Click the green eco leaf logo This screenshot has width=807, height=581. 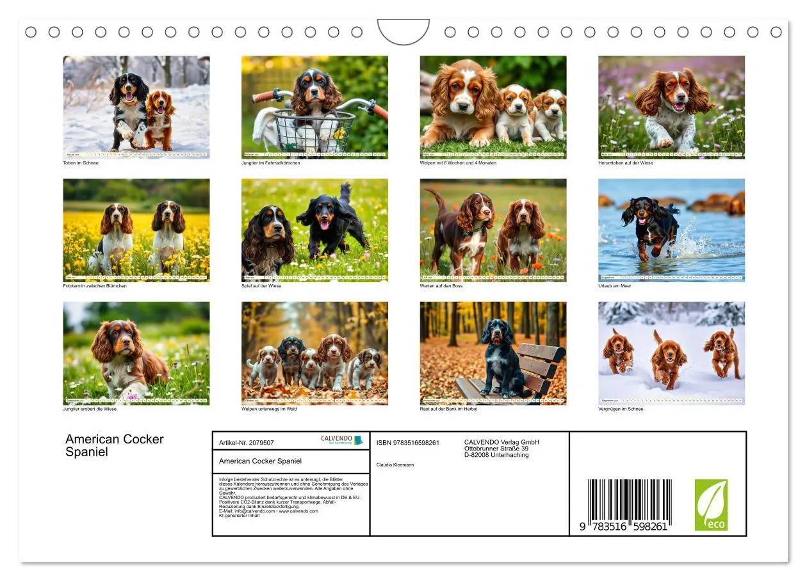click(x=711, y=505)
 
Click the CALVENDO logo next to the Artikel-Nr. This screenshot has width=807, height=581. click(x=342, y=440)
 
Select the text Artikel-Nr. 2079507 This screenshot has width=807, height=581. click(x=247, y=443)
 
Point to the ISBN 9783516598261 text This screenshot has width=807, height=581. click(x=407, y=443)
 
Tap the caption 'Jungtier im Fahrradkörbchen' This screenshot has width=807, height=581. click(x=270, y=163)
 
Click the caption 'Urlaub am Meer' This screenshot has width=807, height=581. click(x=614, y=286)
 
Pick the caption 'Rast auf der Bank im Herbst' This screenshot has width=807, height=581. click(x=448, y=409)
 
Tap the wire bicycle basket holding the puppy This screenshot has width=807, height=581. click(x=314, y=131)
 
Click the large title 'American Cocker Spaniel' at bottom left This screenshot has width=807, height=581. click(x=115, y=445)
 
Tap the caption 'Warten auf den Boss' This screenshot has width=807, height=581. click(x=441, y=286)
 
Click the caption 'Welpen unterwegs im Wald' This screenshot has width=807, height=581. click(x=268, y=409)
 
